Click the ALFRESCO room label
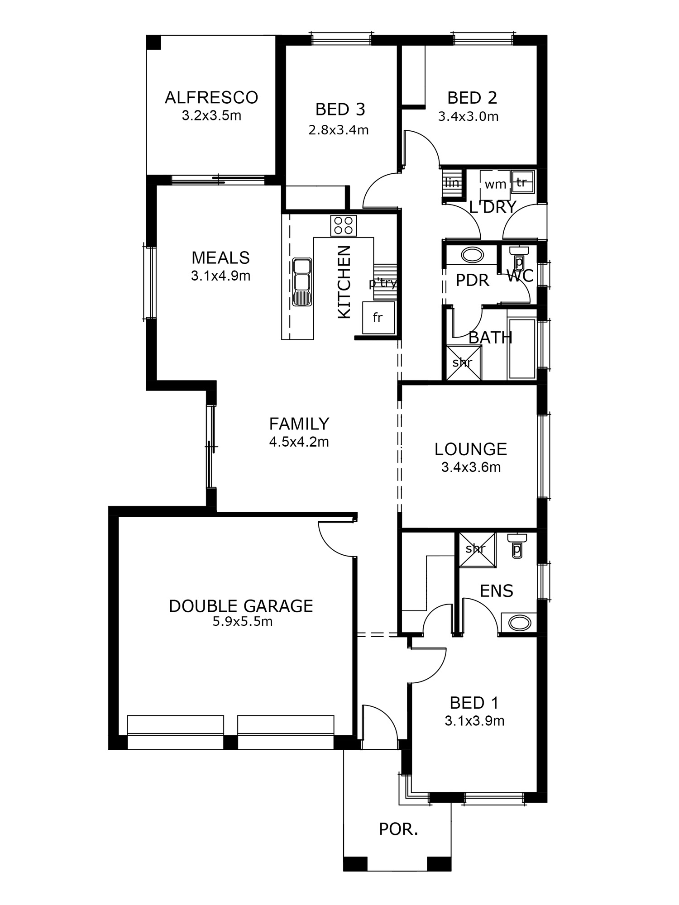click(211, 97)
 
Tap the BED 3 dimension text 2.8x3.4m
click(339, 130)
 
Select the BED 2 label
click(472, 98)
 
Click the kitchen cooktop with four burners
click(343, 225)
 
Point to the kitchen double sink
click(302, 282)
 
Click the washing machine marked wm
click(495, 183)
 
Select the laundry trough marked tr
click(523, 182)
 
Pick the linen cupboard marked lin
click(453, 183)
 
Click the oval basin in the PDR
click(472, 255)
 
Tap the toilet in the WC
click(519, 257)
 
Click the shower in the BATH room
click(464, 362)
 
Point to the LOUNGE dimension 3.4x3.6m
click(471, 467)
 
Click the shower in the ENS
click(478, 549)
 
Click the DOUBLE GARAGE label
click(241, 606)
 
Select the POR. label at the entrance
click(398, 829)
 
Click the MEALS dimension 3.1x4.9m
click(220, 276)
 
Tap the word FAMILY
click(299, 424)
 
